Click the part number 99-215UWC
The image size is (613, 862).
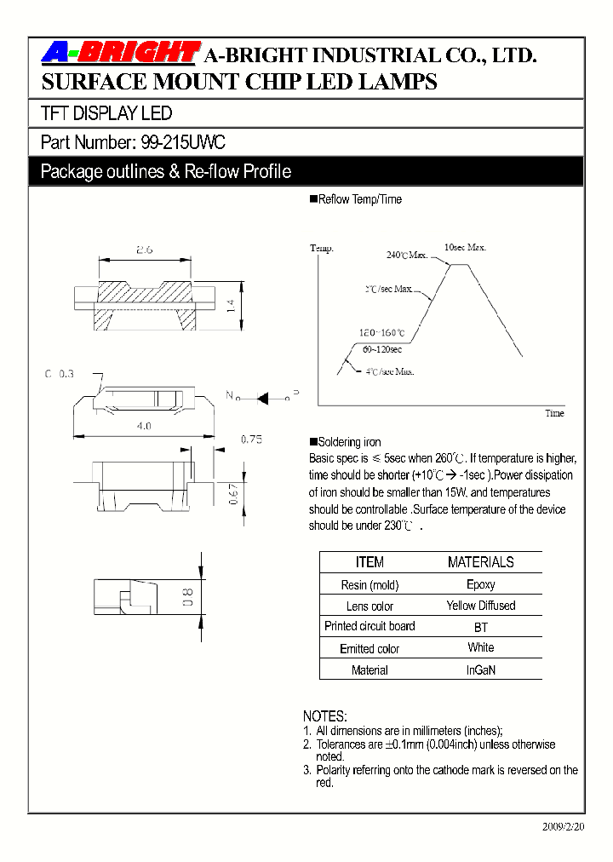182,142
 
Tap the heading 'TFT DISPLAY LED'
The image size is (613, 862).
106,113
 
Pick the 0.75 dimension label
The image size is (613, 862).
250,439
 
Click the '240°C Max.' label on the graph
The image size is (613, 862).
407,255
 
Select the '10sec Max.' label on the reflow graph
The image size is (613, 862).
465,247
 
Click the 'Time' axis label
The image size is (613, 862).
554,413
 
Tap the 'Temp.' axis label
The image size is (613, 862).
322,248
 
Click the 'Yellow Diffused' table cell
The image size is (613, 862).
480,606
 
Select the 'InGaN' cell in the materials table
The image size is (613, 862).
480,669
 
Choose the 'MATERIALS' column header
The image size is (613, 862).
480,562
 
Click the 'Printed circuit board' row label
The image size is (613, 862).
370,626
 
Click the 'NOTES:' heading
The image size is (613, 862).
325,716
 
